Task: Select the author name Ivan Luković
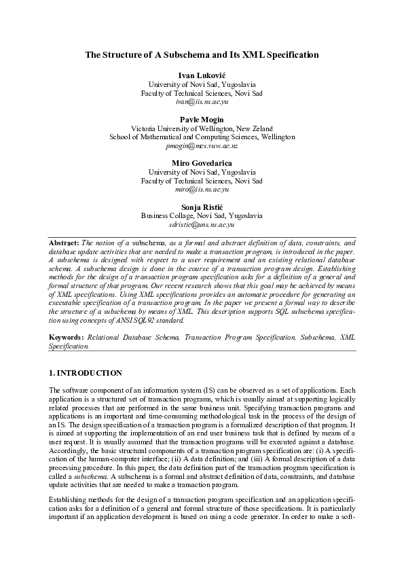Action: (x=202, y=74)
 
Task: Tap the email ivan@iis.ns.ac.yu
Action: (x=202, y=101)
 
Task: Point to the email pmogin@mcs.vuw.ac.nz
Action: (x=202, y=145)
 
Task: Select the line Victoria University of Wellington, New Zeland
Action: (x=202, y=128)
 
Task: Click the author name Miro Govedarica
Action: (x=202, y=163)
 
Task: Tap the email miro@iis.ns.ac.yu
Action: (x=202, y=190)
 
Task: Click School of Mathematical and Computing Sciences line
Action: (x=202, y=137)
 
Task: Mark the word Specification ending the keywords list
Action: (x=68, y=346)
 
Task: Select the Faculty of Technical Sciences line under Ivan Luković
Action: (x=202, y=92)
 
